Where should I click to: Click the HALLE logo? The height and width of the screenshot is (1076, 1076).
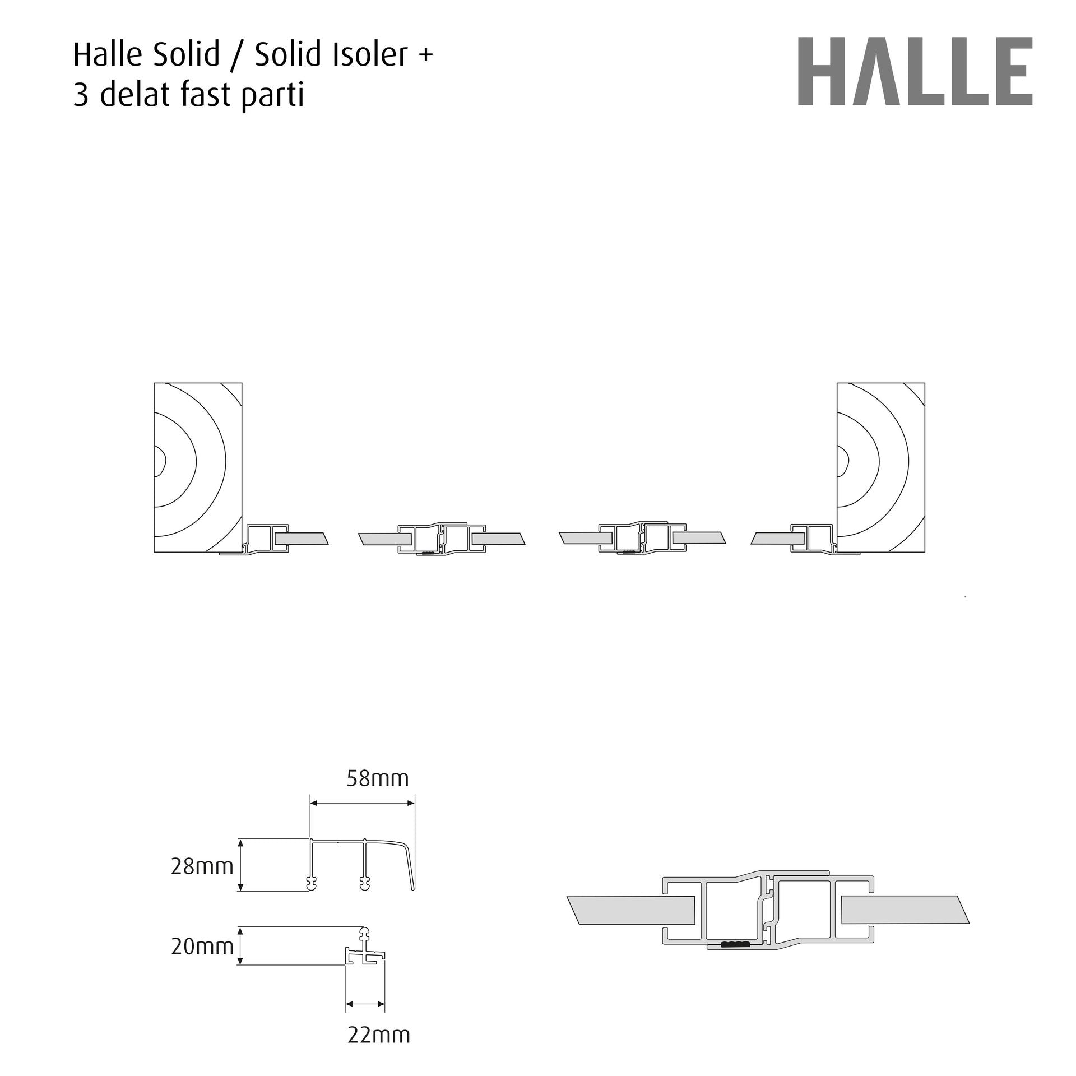[915, 71]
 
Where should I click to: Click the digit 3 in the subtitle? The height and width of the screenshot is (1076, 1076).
[81, 95]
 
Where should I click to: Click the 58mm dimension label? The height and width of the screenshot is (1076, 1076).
[378, 778]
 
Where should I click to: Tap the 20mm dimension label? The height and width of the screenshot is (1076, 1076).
[202, 947]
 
